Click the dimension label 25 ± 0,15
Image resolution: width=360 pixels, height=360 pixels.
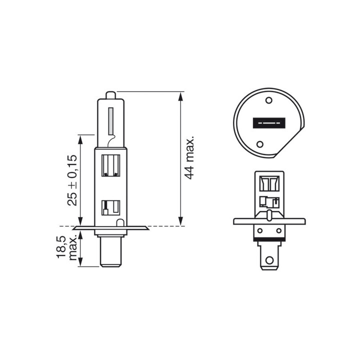click(x=72, y=180)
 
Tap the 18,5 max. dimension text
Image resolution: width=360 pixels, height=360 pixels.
click(x=66, y=247)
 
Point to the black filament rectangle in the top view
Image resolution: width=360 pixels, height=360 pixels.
click(x=269, y=123)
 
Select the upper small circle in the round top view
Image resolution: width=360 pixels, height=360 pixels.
click(x=268, y=100)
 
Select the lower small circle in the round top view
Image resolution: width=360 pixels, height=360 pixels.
click(x=259, y=144)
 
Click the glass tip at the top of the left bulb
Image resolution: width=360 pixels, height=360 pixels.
click(x=111, y=95)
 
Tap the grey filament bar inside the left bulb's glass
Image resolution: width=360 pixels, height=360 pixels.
click(x=111, y=121)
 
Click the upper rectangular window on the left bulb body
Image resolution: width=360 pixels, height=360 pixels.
click(x=110, y=165)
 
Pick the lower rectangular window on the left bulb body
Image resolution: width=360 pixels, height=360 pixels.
click(x=110, y=208)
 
